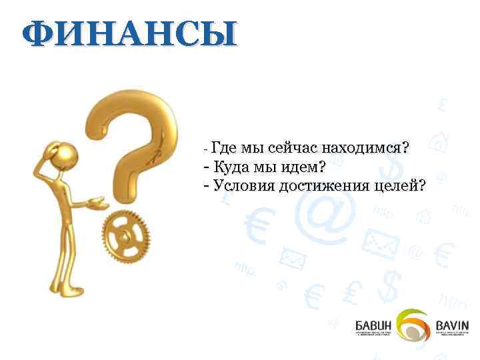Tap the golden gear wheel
click(126, 236)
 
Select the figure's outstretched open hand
click(98, 199)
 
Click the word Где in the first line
click(224, 147)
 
